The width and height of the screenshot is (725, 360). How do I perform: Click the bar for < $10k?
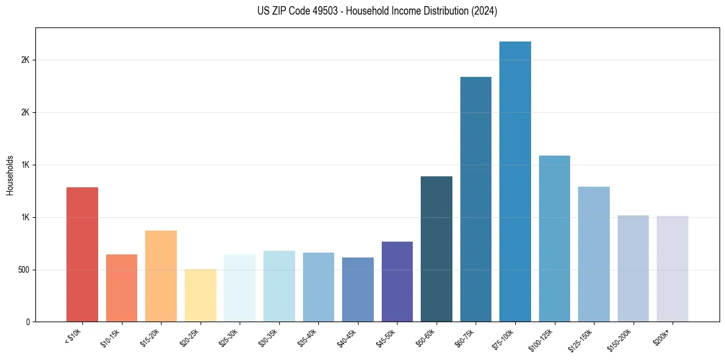[x=82, y=254]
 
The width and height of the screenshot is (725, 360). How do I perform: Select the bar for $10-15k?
[x=121, y=288]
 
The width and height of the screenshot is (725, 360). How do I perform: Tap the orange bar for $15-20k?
[x=161, y=276]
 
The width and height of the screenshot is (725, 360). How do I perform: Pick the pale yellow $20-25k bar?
[x=200, y=295]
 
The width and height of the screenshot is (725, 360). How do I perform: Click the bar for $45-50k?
[x=397, y=281]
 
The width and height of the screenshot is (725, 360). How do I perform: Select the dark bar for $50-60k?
[x=437, y=249]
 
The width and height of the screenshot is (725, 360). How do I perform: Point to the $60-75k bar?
[x=476, y=199]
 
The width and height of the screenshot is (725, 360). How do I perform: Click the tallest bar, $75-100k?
[x=515, y=181]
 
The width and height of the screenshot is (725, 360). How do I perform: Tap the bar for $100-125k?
[x=554, y=239]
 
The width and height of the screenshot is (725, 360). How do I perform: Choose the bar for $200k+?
[x=673, y=268]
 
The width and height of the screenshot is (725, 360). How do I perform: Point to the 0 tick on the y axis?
[x=27, y=322]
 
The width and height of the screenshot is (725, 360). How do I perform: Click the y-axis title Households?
[x=10, y=175]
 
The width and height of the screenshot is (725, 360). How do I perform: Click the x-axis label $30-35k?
[x=269, y=337]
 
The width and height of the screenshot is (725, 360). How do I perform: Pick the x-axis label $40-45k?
[x=348, y=337]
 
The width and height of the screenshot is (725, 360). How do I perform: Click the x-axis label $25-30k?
[x=229, y=337]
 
